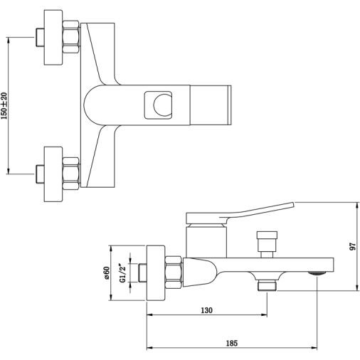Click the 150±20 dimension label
click(x=4, y=105)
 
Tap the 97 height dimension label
click(x=353, y=246)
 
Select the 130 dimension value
click(x=206, y=310)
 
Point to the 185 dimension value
click(x=232, y=343)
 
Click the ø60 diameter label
click(x=107, y=273)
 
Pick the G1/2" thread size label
click(x=122, y=273)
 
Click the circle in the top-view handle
click(x=163, y=105)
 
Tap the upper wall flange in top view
click(x=53, y=37)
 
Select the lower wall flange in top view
click(x=53, y=174)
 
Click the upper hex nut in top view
click(x=71, y=37)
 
